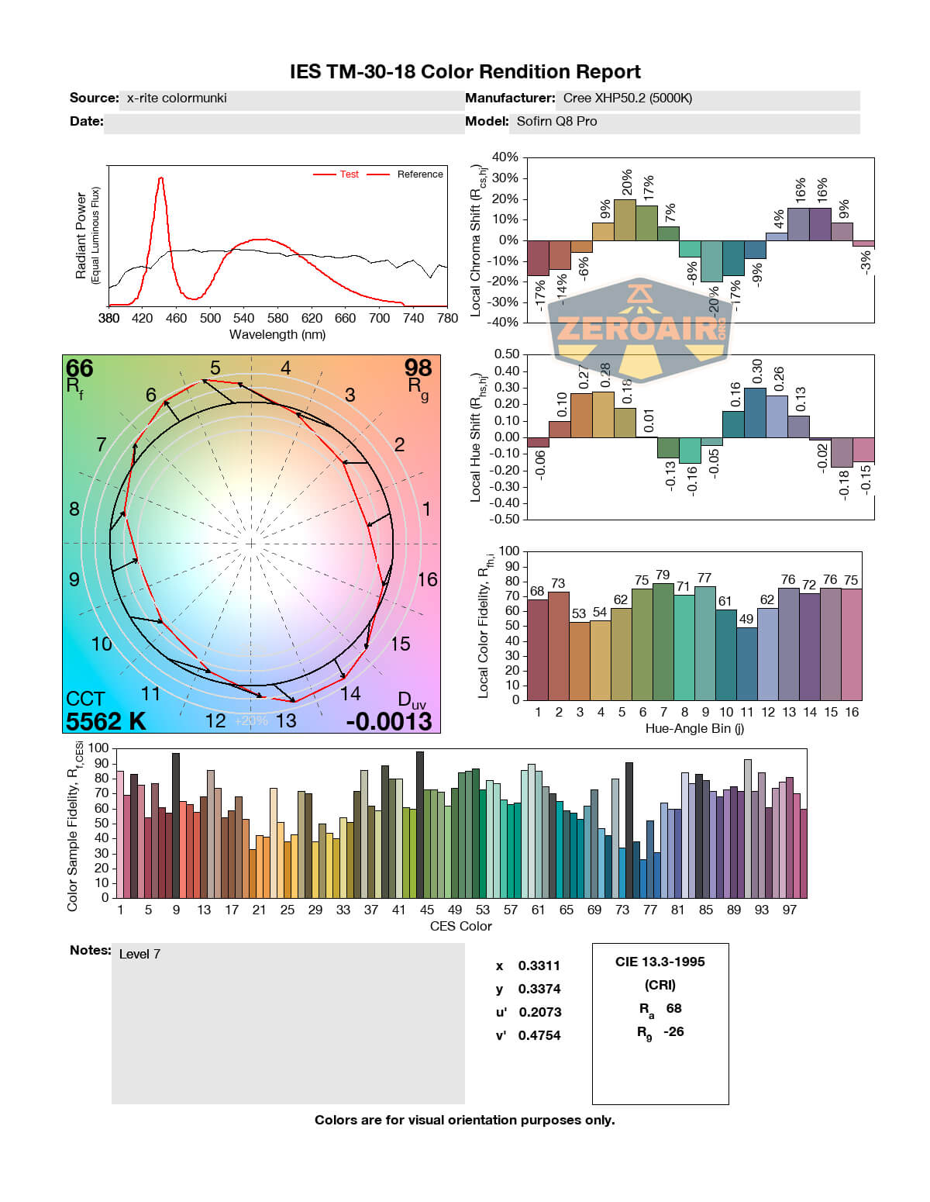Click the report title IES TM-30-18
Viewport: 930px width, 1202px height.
465,72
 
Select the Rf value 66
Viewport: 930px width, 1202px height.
79,368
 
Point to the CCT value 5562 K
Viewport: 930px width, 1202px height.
105,721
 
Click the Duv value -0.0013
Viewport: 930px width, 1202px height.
389,721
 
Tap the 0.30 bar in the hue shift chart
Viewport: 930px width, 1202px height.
755,412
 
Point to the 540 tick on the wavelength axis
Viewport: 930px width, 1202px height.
243,318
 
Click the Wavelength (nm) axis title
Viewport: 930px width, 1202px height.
277,335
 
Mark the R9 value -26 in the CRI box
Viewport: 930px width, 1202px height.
673,1031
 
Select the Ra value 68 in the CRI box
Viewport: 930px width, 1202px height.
674,1008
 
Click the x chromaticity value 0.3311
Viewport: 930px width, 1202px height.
539,965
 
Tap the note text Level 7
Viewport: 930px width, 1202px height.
139,954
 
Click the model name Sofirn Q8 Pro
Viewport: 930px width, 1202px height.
556,121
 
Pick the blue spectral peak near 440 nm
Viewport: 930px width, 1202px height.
160,180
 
